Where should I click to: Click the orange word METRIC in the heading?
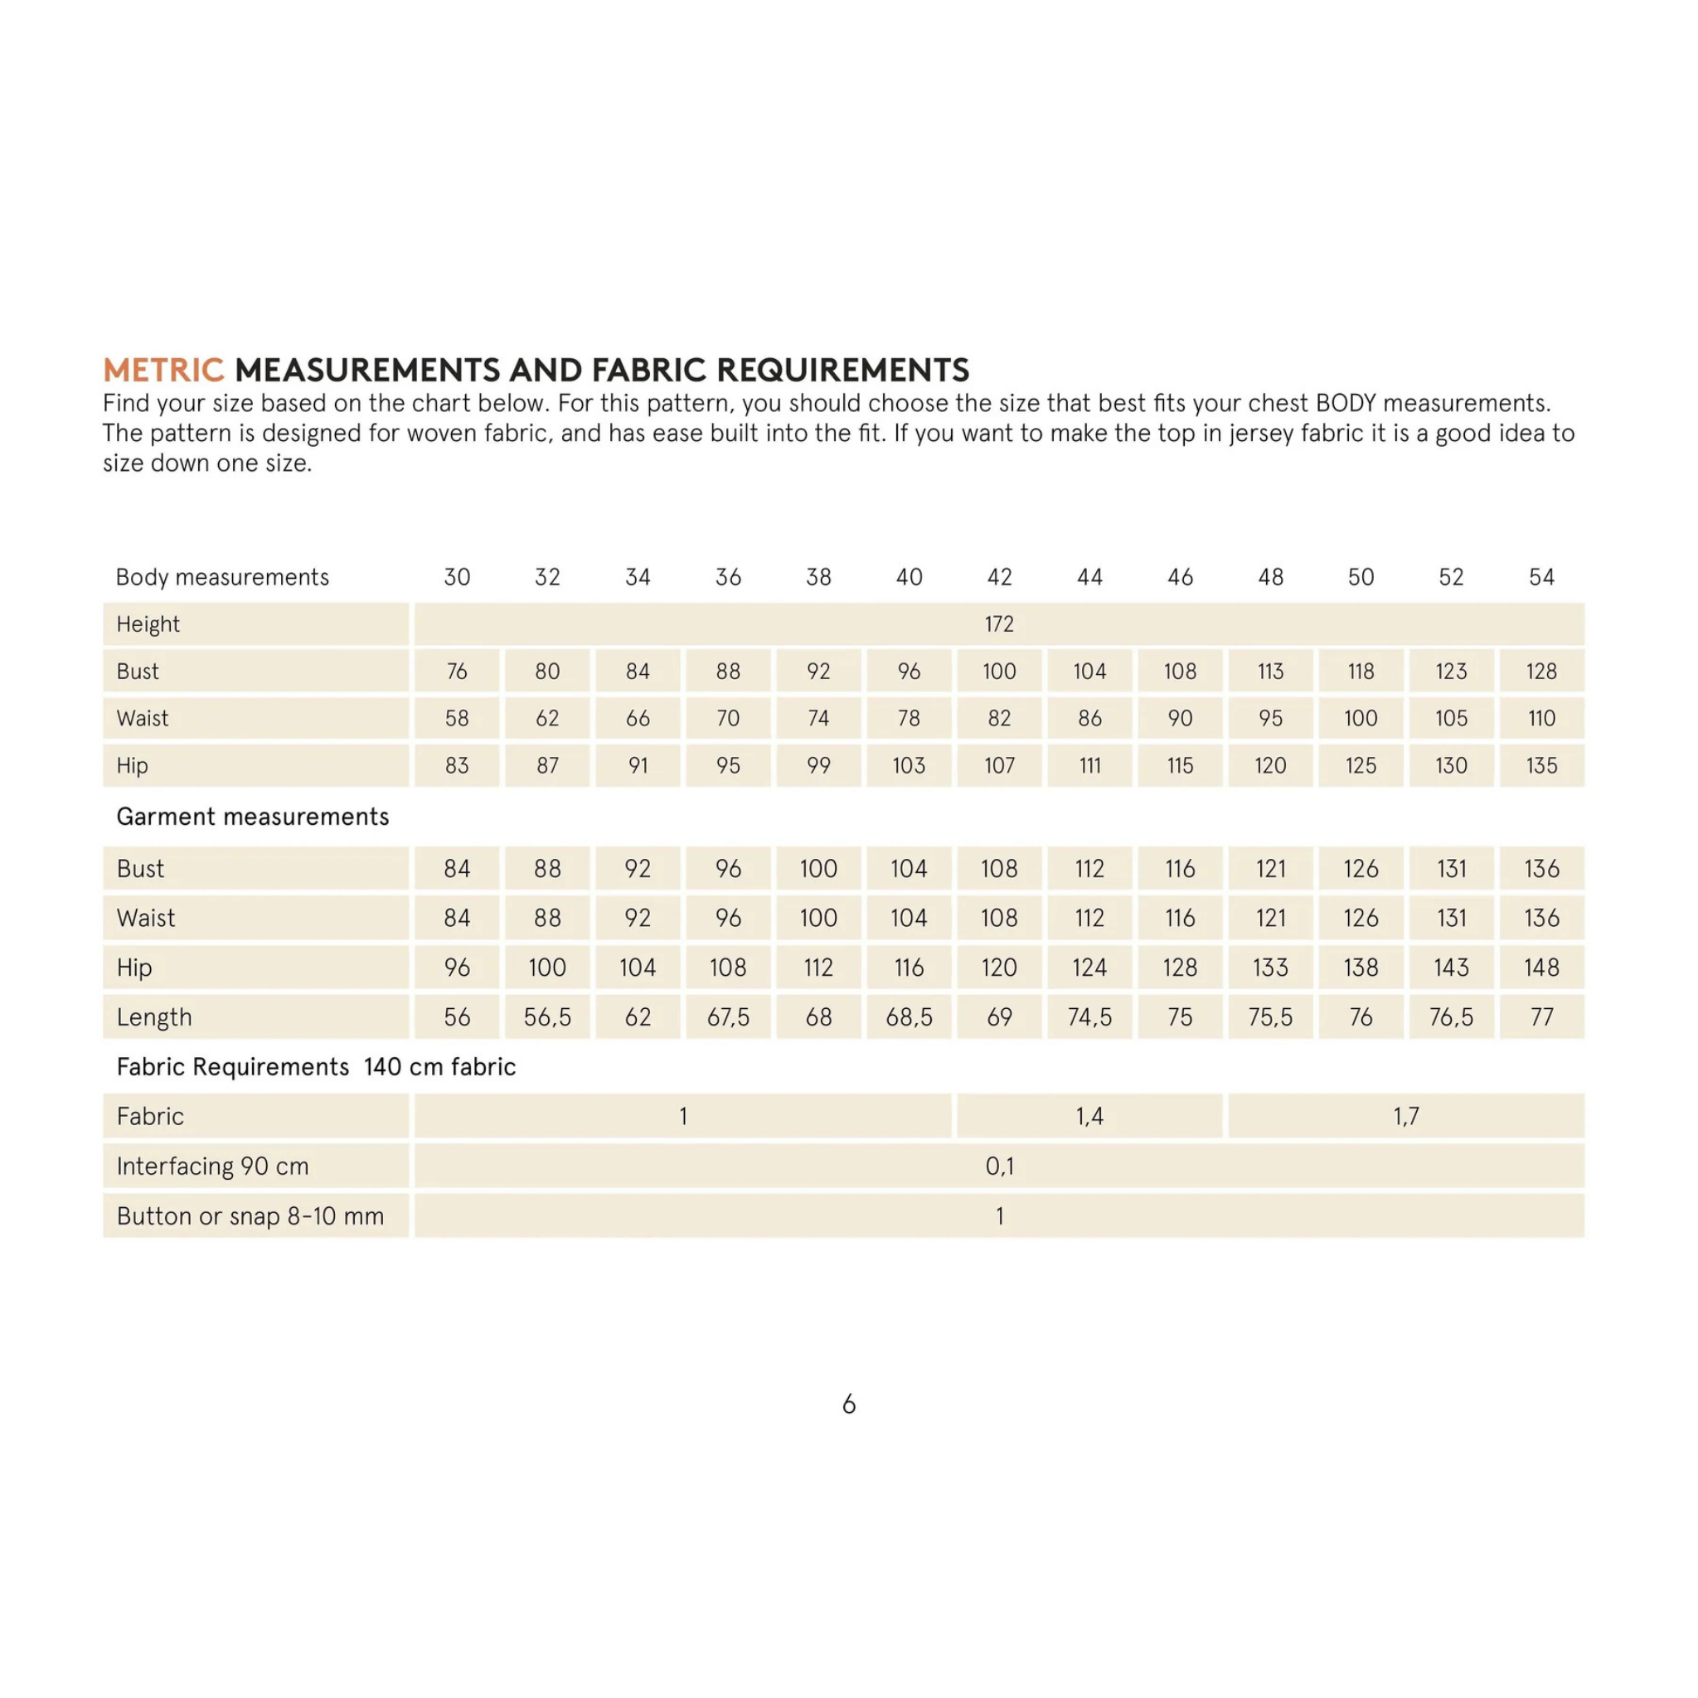point(163,370)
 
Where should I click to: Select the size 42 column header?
point(999,576)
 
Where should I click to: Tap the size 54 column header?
point(1541,576)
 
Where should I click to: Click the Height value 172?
point(999,624)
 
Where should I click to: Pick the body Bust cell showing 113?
point(1270,672)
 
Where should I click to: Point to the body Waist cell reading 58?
point(456,718)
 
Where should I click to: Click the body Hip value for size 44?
point(1089,765)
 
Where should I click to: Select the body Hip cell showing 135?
point(1541,765)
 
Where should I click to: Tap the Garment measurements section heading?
point(252,817)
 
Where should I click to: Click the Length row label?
point(154,1016)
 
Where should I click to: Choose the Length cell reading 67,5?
point(728,1016)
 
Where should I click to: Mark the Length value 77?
point(1541,1016)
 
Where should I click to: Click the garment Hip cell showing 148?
point(1541,968)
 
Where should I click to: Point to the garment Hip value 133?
point(1270,968)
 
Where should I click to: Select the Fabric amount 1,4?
point(1089,1116)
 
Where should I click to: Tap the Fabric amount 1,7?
point(1406,1116)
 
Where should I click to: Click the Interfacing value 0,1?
point(999,1167)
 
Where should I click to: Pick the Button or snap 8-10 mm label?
point(250,1216)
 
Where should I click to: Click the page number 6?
point(849,1404)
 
